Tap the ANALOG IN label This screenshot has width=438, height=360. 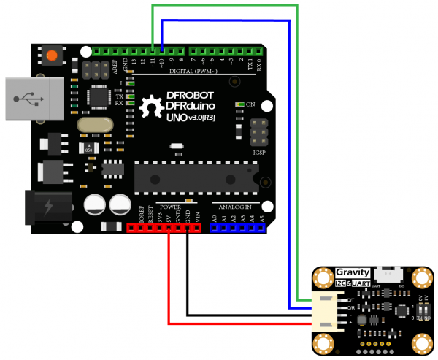236,207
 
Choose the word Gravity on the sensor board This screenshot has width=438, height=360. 353,273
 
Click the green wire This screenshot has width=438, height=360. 219,6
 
